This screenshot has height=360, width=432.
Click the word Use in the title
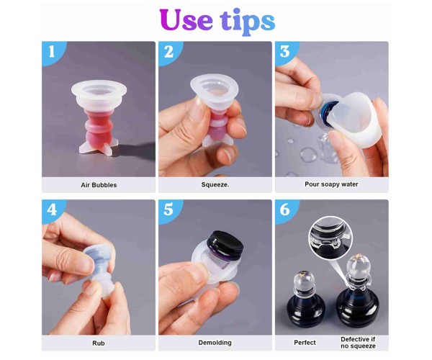(186, 19)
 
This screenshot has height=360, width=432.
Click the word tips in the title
(247, 22)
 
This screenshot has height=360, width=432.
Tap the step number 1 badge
(53, 53)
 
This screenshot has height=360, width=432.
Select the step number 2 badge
(169, 53)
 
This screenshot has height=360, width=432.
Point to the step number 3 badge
(286, 53)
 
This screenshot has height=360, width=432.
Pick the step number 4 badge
(53, 211)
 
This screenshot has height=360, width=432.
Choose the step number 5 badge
(169, 211)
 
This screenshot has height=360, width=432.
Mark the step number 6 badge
(286, 211)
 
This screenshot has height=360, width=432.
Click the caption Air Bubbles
(99, 185)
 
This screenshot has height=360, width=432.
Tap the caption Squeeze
(215, 185)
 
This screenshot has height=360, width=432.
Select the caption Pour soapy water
(331, 184)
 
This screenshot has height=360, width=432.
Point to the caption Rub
(99, 343)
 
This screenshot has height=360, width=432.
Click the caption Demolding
(215, 343)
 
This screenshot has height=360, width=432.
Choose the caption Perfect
(305, 343)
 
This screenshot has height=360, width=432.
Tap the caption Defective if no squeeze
(358, 343)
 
